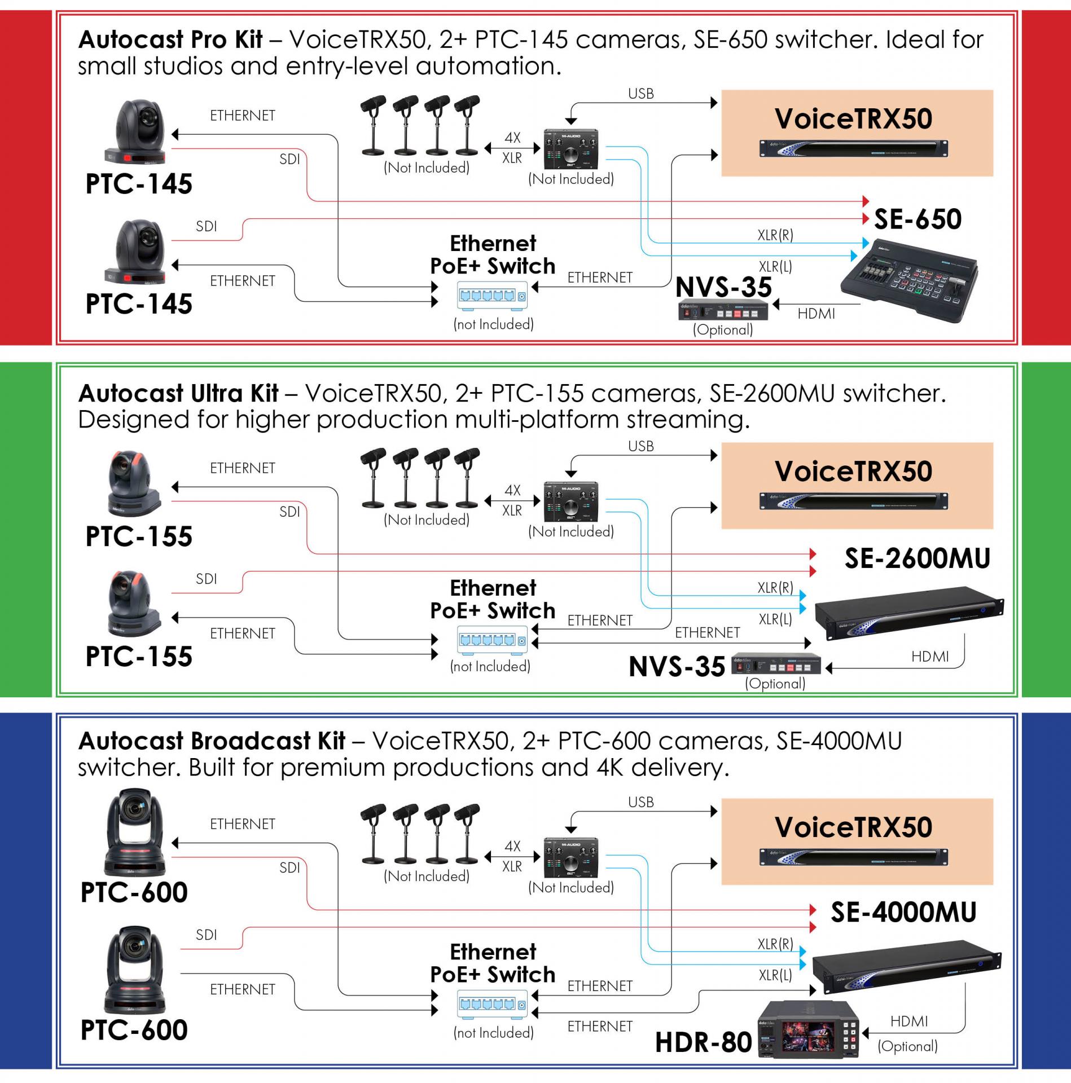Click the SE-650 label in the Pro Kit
(918, 219)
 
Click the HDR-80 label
(703, 1042)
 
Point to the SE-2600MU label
(917, 558)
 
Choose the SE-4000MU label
(903, 912)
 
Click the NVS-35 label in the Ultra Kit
(677, 667)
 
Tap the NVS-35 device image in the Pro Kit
(723, 312)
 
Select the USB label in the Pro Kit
(640, 94)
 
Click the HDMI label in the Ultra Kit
(930, 657)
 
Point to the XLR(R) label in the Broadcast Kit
(775, 944)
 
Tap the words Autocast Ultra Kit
(178, 393)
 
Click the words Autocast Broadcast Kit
(212, 741)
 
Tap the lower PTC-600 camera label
(134, 1030)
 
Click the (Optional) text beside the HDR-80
(907, 1046)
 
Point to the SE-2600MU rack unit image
(909, 614)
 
